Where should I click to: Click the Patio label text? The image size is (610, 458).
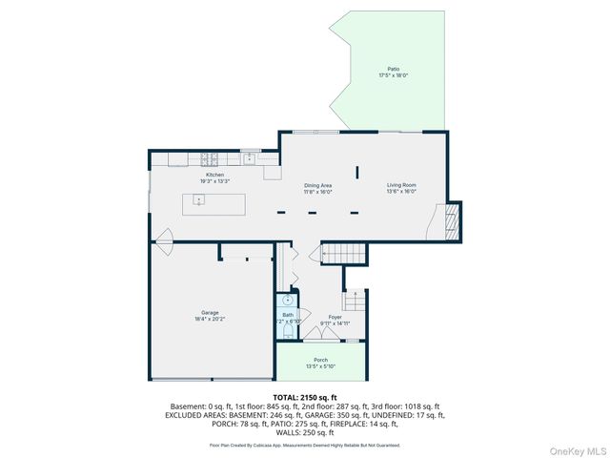coord(393,69)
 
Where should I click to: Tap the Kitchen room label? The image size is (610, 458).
coord(214,175)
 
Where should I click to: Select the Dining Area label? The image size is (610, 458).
coord(317,185)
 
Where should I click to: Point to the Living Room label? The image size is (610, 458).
coord(400,185)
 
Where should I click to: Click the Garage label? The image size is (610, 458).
coord(210,313)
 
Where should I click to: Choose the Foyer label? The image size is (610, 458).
coord(335,317)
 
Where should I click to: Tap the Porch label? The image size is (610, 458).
coord(320,360)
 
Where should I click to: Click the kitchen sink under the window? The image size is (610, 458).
coord(249,158)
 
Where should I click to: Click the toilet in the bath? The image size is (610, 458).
coord(287,330)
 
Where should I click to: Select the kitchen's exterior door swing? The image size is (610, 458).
coord(163,237)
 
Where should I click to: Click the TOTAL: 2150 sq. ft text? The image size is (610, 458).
coord(304,396)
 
